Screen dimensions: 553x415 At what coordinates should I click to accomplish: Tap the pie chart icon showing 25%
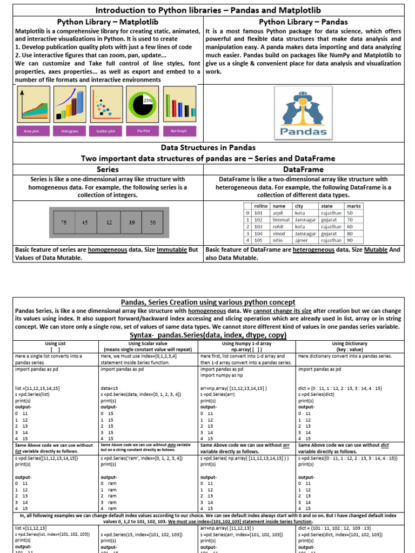142,103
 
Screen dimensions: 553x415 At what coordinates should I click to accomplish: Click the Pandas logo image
303,113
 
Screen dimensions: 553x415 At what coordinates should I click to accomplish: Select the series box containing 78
64,222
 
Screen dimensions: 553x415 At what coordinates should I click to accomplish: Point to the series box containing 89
131,222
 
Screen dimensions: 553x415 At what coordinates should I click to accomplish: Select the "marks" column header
354,206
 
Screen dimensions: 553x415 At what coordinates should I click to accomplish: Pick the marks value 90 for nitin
350,240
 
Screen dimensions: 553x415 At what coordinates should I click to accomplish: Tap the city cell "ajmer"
301,240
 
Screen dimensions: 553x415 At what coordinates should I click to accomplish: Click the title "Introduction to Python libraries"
207,10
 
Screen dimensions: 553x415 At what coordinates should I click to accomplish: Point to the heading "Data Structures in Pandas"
208,147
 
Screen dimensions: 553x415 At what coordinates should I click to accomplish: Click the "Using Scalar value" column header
148,343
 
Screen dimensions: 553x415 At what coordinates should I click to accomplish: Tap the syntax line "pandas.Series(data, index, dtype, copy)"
207,335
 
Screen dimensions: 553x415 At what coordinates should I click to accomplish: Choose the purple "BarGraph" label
178,131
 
